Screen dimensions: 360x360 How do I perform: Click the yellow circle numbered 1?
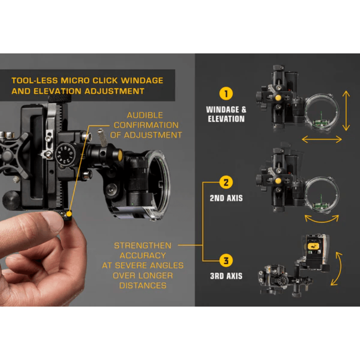click(x=226, y=94)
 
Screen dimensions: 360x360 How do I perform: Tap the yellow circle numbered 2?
click(x=226, y=182)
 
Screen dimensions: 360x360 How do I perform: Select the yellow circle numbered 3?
click(x=226, y=261)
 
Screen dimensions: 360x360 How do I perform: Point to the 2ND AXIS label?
click(x=226, y=198)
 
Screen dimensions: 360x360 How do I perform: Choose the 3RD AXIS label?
click(x=226, y=276)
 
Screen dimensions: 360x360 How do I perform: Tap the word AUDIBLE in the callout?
click(x=145, y=115)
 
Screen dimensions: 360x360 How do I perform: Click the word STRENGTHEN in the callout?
click(x=143, y=245)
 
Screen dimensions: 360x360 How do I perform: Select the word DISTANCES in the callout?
click(x=143, y=285)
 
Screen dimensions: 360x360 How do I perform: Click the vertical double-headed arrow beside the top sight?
click(x=346, y=111)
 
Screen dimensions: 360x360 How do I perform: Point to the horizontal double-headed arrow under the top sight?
click(x=322, y=139)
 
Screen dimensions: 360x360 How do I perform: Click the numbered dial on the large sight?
click(x=65, y=154)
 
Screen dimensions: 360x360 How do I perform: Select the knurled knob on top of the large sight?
click(x=59, y=98)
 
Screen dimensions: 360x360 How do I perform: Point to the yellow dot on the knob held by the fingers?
click(x=69, y=214)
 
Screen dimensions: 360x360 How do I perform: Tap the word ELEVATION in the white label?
click(x=226, y=119)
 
